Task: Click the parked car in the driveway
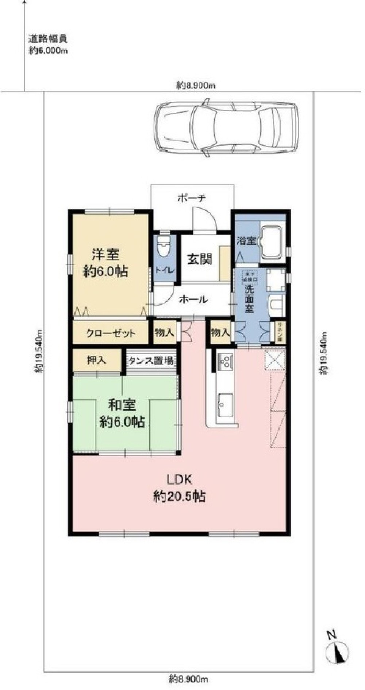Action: (226, 130)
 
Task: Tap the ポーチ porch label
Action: (192, 198)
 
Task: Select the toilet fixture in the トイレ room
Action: (163, 248)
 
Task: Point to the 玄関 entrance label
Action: (200, 259)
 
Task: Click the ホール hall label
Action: (193, 299)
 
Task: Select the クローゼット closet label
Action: (111, 333)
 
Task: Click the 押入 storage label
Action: (96, 361)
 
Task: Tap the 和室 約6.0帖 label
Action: (123, 413)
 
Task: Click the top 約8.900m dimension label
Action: (196, 86)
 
